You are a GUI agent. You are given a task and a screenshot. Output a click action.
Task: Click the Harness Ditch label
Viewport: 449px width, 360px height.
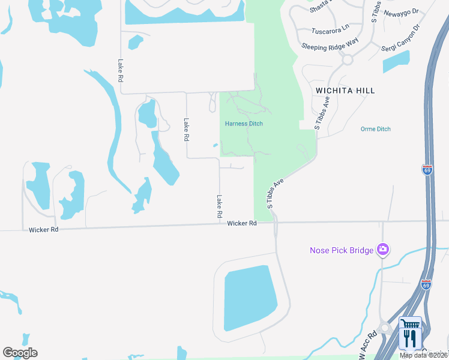[x=244, y=124]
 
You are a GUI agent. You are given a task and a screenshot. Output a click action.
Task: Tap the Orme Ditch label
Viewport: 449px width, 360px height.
[x=376, y=129]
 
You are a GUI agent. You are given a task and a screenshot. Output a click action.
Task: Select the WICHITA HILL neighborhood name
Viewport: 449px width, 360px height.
[x=345, y=91]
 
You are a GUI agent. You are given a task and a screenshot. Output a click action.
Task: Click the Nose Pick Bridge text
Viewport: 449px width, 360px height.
[x=342, y=250]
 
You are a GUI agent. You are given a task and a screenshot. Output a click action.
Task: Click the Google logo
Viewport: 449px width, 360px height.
[x=20, y=353]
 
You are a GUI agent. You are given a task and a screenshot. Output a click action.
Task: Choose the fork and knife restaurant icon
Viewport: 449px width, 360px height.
[x=410, y=340]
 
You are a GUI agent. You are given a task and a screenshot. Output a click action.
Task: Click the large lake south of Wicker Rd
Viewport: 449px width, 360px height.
[x=250, y=297]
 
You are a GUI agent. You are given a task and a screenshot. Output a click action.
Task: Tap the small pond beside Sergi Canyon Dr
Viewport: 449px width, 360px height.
[x=396, y=61]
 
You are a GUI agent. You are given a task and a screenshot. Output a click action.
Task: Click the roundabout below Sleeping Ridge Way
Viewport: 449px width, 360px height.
[x=346, y=59]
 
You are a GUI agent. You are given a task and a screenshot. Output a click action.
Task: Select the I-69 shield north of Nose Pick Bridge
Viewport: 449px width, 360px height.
[x=427, y=170]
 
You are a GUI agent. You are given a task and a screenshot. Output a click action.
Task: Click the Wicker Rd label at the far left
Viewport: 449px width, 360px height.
[x=44, y=230]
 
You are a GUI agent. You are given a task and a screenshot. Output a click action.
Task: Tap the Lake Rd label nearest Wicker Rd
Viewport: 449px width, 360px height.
[x=220, y=206]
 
